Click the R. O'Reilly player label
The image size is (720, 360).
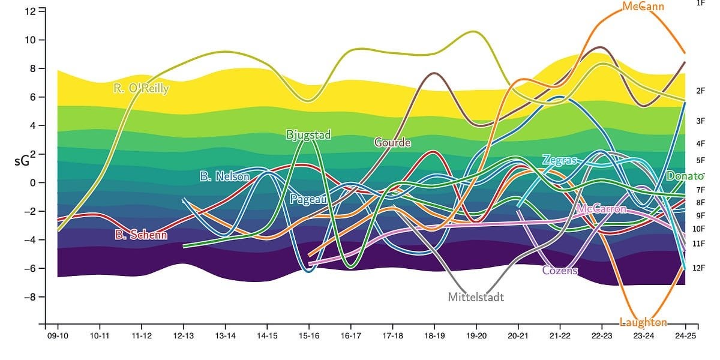pyautogui.click(x=141, y=89)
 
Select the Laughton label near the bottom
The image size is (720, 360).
pyautogui.click(x=644, y=323)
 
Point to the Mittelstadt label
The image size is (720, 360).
pyautogui.click(x=476, y=297)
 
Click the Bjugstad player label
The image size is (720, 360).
pyautogui.click(x=308, y=135)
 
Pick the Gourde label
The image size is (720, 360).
pyautogui.click(x=392, y=143)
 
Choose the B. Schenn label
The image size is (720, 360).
pyautogui.click(x=141, y=235)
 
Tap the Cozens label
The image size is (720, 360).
pyautogui.click(x=559, y=271)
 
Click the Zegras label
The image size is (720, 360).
pyautogui.click(x=559, y=160)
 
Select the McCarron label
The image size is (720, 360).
pyautogui.click(x=601, y=209)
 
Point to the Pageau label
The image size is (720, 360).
pyautogui.click(x=308, y=199)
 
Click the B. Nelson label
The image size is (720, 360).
pyautogui.click(x=224, y=177)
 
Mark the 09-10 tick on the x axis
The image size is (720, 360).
pyautogui.click(x=58, y=337)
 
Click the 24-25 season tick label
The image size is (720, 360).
pyautogui.click(x=686, y=337)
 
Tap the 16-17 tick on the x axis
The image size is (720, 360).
pyautogui.click(x=350, y=337)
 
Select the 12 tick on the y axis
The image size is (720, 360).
pyautogui.click(x=30, y=11)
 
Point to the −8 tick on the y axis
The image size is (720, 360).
pyautogui.click(x=28, y=297)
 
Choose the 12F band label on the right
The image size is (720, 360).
pyautogui.click(x=699, y=268)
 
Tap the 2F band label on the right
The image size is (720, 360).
pyautogui.click(x=700, y=91)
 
